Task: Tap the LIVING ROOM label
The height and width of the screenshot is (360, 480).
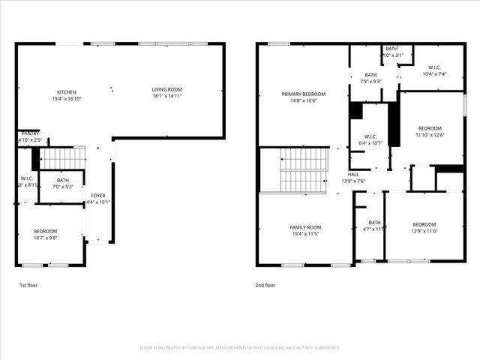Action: [167, 89]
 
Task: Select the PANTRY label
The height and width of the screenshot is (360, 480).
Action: [30, 133]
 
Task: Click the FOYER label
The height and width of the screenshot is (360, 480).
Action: [98, 196]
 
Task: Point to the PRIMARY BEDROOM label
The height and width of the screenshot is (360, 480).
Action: [301, 94]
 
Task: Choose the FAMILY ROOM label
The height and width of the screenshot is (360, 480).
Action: [305, 227]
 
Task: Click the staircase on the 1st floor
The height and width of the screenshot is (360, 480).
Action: [62, 158]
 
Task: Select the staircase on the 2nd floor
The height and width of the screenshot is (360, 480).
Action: [303, 170]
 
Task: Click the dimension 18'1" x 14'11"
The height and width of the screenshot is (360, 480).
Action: [167, 96]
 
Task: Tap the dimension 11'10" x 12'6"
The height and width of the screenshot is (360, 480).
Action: [430, 135]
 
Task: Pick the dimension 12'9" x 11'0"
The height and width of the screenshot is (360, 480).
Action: [424, 231]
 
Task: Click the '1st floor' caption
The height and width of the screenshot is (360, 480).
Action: [28, 286]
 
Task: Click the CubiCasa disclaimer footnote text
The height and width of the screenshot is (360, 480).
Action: [240, 348]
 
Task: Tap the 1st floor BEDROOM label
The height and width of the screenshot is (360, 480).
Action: [45, 231]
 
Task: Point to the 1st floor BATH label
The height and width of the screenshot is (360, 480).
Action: [62, 180]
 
